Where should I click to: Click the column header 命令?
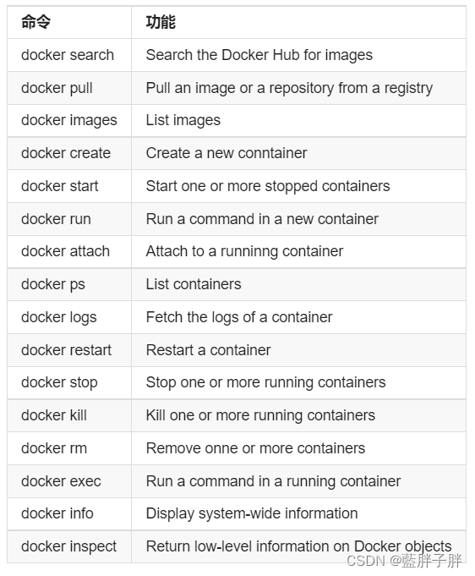tap(35, 23)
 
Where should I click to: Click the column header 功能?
tap(161, 23)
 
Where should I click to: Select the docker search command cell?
tap(68, 55)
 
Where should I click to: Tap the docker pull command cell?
tap(57, 88)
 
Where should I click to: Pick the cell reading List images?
tap(183, 120)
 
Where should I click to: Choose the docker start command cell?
tap(59, 186)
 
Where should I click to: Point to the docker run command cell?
tap(56, 219)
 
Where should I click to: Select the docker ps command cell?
tap(53, 284)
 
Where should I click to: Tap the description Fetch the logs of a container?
tap(239, 317)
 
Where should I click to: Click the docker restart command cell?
tap(66, 350)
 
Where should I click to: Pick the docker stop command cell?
tap(59, 382)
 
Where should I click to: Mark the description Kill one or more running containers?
tap(260, 415)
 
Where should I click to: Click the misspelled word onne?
tap(219, 448)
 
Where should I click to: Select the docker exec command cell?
tap(61, 481)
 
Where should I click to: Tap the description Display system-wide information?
tap(251, 513)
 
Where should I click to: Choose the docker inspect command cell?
tap(68, 546)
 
